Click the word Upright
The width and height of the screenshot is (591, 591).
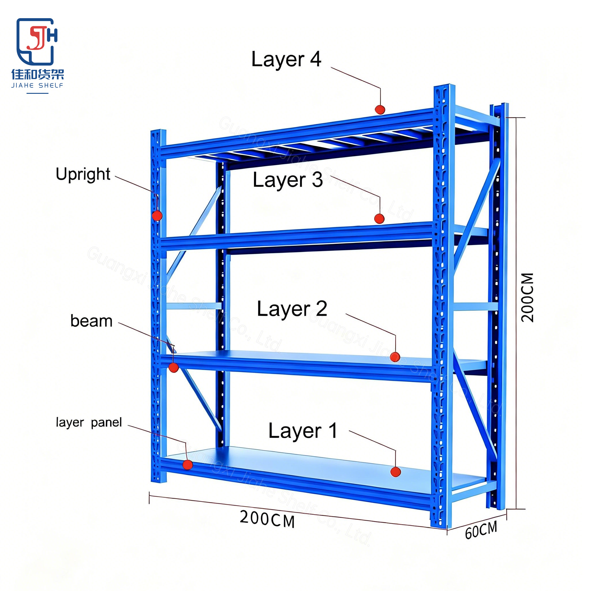coord(83,175)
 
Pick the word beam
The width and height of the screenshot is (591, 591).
coord(91,321)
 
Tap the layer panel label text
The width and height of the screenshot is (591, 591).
coord(89,423)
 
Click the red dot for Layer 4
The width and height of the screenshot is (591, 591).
coord(380,109)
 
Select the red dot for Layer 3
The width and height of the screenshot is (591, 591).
coord(379,219)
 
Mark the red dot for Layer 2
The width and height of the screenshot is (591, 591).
coord(395,357)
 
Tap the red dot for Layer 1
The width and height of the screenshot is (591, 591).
coord(396,472)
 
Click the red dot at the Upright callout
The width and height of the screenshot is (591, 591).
coord(157,216)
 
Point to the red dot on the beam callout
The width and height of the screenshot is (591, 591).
coord(173,367)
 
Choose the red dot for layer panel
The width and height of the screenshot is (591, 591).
coord(188,465)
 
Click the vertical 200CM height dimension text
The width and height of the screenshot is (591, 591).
coord(528,298)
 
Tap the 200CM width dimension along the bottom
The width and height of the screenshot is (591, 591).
coord(267,519)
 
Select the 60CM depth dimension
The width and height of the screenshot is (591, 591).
coord(481,531)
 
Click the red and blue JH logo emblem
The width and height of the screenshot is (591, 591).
coord(37,42)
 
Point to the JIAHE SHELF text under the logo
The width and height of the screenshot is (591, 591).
coord(37,85)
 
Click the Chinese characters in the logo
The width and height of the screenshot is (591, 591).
coord(38,74)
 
